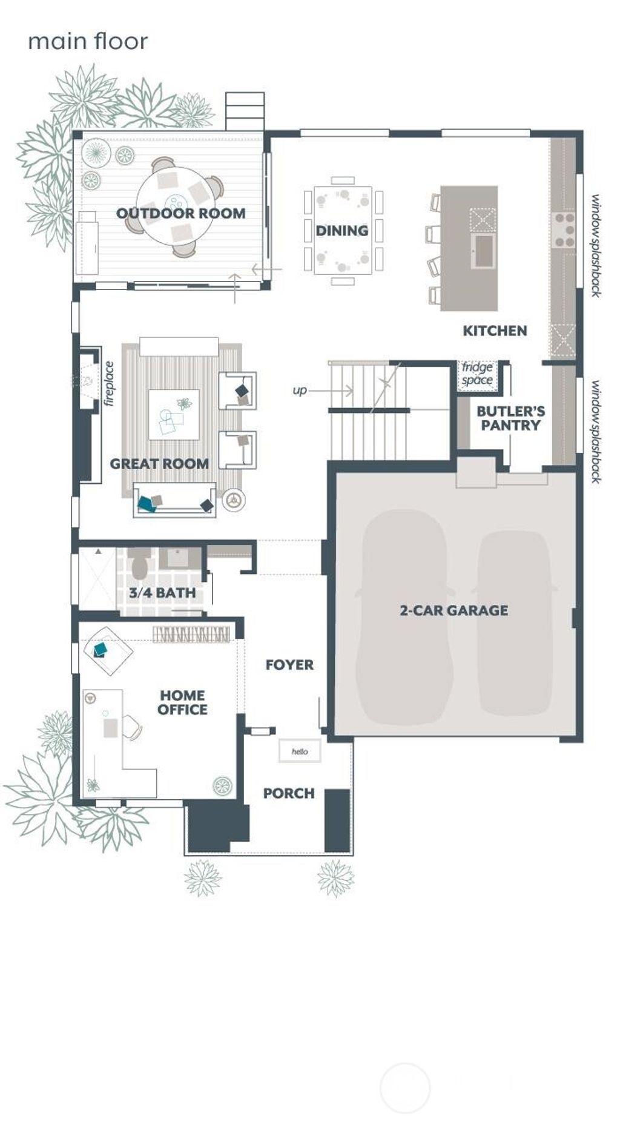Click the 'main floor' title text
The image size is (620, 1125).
pos(88,42)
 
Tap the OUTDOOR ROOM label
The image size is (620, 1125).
pos(180,213)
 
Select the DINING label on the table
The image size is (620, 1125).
pos(341,231)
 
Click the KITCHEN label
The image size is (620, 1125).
pos(495,331)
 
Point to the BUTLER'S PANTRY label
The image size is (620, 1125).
pos(510,418)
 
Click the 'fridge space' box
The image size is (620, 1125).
pos(477,374)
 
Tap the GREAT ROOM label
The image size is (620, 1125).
pos(159,464)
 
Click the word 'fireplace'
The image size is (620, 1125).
pos(109,383)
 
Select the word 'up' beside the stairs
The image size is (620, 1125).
pos(300,391)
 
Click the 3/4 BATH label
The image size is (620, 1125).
pos(162,593)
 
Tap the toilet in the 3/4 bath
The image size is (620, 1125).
pos(139,564)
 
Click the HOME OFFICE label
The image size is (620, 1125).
pos(182,702)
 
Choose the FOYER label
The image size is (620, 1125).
pos(289,665)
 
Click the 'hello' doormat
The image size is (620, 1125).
pos(300,751)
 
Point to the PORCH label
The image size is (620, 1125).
pos(289,793)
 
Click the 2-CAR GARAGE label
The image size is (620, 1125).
pos(453,610)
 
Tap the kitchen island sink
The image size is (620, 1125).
pos(484,251)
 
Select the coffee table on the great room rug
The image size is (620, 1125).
pos(174,414)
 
